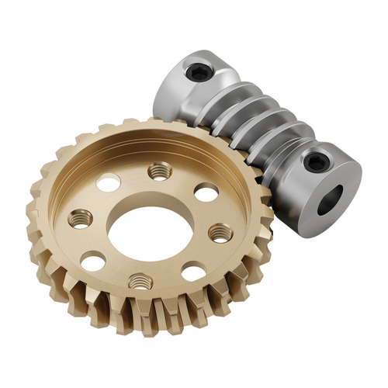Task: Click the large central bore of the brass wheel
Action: (x=148, y=230)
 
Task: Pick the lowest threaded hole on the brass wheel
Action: (x=139, y=281)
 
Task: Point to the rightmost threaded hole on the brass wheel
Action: (x=220, y=232)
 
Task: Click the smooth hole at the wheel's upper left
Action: (x=109, y=183)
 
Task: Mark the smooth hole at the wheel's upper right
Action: (x=205, y=192)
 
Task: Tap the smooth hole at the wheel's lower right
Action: (x=193, y=272)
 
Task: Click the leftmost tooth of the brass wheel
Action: (x=35, y=213)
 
